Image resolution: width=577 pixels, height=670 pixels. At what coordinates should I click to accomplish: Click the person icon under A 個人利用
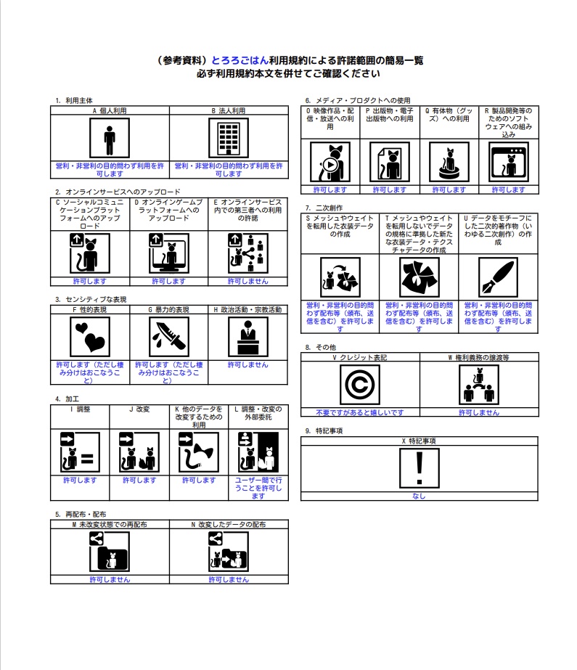click(110, 138)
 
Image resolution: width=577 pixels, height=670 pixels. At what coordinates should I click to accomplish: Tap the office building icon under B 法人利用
click(229, 138)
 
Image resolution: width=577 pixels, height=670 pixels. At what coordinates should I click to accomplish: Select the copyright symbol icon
click(359, 385)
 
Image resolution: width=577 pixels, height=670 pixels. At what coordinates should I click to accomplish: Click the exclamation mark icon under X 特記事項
click(420, 468)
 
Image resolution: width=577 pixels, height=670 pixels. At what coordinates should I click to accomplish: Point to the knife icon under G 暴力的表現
click(169, 337)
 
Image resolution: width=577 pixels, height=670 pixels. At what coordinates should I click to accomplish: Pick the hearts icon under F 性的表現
click(90, 337)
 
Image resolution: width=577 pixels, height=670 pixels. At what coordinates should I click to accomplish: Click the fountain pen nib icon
click(498, 277)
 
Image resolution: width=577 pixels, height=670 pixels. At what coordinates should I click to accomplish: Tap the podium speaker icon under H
click(248, 337)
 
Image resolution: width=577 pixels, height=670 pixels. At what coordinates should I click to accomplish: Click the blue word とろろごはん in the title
click(240, 60)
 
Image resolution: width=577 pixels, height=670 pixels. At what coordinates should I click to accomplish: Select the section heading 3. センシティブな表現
click(91, 300)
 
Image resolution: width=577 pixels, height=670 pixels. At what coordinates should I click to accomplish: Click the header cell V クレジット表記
click(360, 357)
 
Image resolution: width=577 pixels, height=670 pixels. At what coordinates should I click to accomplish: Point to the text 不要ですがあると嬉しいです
click(359, 412)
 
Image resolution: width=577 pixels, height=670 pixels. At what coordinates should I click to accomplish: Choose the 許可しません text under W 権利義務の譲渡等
click(479, 412)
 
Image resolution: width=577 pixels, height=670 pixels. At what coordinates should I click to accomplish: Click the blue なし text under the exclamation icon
click(419, 496)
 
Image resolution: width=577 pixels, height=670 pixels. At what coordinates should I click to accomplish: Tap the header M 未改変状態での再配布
click(110, 524)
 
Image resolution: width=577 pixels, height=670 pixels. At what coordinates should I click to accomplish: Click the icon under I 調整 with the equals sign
click(80, 452)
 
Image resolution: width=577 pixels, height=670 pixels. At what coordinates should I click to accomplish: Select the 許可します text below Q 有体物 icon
click(449, 189)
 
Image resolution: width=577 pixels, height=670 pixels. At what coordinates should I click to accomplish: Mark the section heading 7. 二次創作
click(324, 208)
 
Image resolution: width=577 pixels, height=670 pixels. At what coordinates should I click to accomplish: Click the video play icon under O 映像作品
click(330, 162)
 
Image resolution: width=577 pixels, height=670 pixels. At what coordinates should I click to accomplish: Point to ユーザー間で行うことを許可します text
click(258, 488)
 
